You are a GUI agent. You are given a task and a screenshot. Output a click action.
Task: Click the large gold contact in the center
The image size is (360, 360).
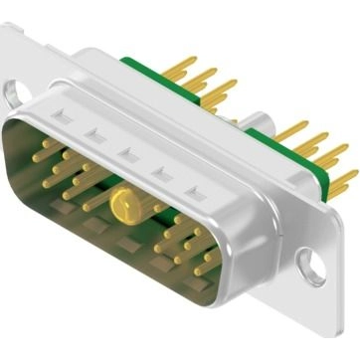124,207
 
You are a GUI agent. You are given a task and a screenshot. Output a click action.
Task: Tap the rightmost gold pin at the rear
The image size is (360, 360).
343,178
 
